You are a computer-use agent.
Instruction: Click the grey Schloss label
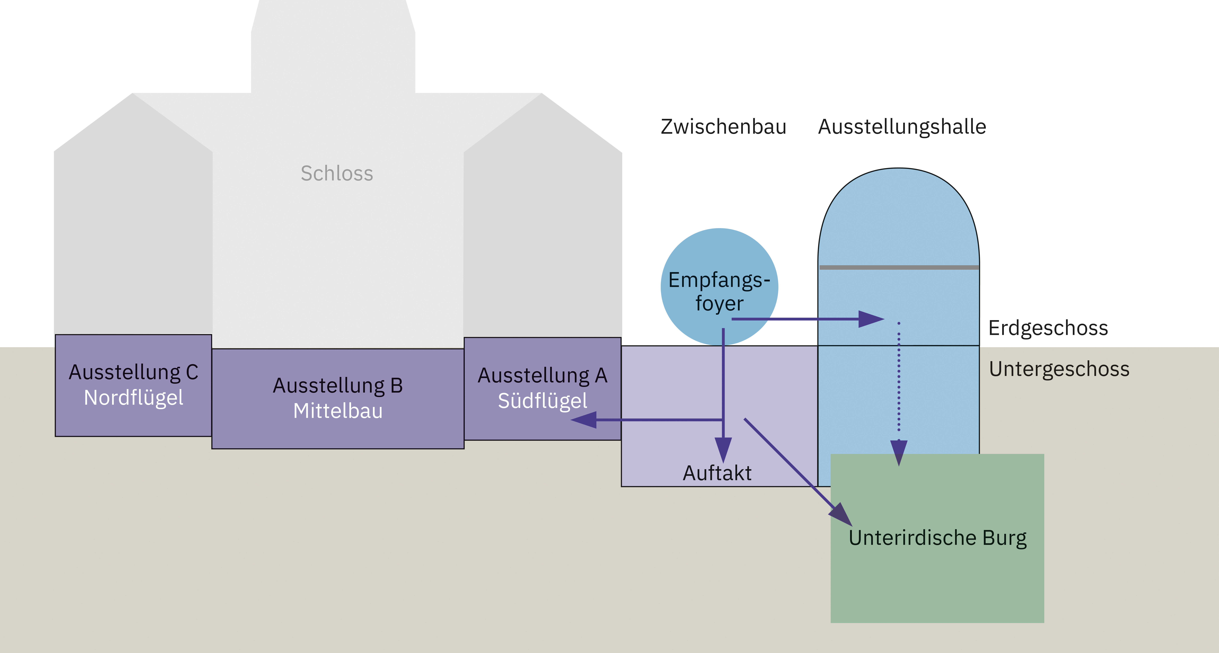pos(337,174)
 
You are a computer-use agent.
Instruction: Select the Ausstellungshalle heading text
pos(902,127)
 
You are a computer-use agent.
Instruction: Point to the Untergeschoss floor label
pos(1059,369)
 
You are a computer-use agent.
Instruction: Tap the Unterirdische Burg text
pos(937,538)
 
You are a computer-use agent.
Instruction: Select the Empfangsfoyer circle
pos(719,265)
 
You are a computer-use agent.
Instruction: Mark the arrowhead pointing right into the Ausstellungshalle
pos(871,319)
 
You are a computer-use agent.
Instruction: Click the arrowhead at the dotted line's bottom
pos(899,452)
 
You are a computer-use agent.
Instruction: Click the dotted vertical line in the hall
pos(899,378)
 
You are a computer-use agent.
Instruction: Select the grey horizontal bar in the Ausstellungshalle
pos(899,268)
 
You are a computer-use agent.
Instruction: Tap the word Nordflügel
pos(133,398)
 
